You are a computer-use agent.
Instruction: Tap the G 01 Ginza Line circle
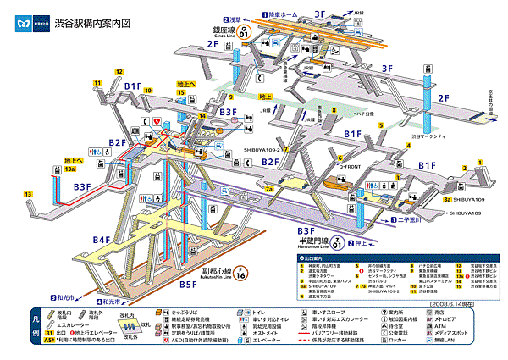point(244,33)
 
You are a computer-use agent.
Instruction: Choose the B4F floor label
point(101,241)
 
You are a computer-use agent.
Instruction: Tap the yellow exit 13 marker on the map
point(28,195)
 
